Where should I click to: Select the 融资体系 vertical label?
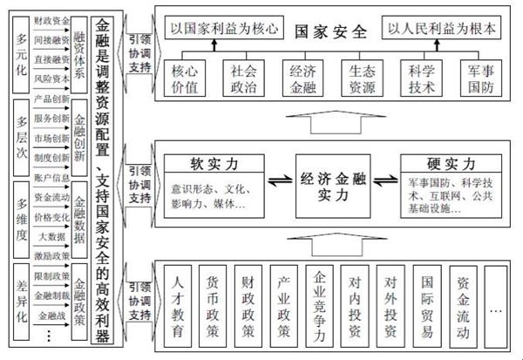tap(79, 49)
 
